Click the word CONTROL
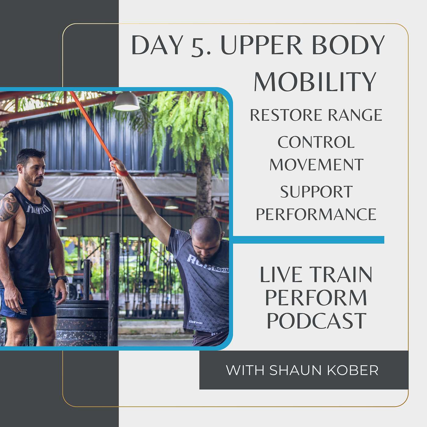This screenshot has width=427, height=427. click(316, 142)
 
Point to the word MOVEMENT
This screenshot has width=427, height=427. click(316, 164)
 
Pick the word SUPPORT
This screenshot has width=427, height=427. click(316, 192)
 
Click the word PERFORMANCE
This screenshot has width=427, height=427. click(316, 214)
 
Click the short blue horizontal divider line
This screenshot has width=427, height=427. click(308, 240)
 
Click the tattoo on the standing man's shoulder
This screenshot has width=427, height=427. click(9, 207)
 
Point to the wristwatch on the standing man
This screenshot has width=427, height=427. click(63, 279)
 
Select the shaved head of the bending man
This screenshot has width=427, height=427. click(206, 231)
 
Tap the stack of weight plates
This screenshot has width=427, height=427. click(82, 322)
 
